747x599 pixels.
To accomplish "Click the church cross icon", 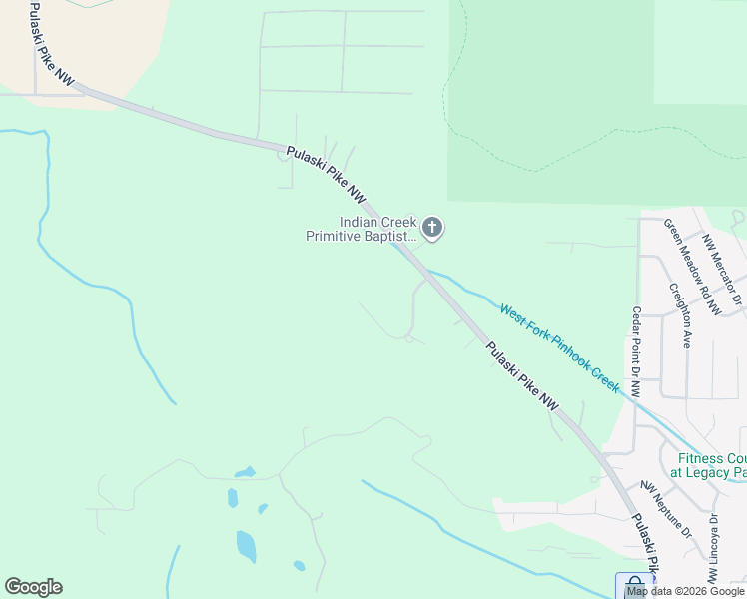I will point(432,229).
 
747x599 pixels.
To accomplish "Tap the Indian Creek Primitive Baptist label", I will point(376,230).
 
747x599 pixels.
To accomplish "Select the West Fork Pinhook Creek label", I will point(561,347).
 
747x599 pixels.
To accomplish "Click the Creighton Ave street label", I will point(682,314).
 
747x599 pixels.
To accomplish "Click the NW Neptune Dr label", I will point(666,510).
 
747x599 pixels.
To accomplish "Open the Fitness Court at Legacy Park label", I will point(708,465).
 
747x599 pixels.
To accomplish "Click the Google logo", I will point(33,587).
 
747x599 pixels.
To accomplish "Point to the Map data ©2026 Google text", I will point(685,592).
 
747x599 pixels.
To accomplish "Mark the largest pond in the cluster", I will point(246,545).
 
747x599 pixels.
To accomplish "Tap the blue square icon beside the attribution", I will point(634,585).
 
